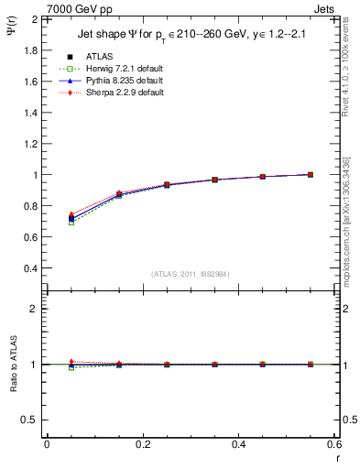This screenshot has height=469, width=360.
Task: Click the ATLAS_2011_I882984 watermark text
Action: coord(190,274)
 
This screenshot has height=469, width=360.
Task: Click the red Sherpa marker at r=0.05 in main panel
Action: coord(71,214)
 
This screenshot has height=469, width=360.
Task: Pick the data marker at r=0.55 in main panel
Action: coord(310,174)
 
